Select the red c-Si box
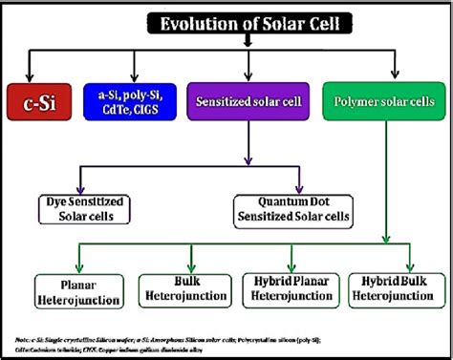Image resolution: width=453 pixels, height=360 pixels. point(39,99)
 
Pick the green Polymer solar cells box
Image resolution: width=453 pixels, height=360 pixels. point(388,99)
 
